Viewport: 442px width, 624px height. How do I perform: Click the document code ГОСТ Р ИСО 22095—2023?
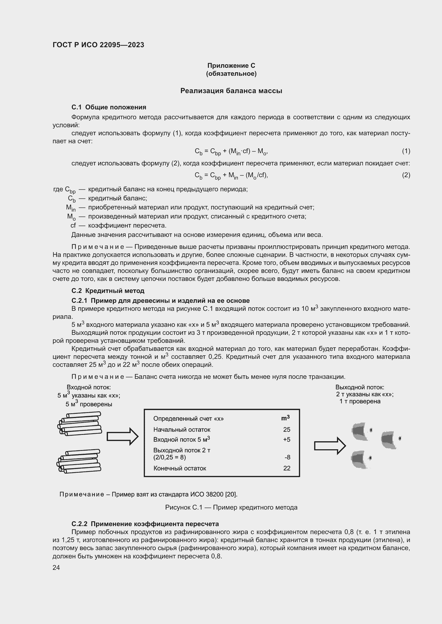pyautogui.click(x=98, y=45)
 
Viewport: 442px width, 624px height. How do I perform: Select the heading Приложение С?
pyautogui.click(x=231, y=66)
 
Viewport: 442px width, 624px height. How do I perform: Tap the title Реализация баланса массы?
pyautogui.click(x=231, y=91)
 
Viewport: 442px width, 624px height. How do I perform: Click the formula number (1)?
pyautogui.click(x=406, y=151)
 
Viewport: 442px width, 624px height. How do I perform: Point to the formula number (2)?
pyautogui.click(x=406, y=175)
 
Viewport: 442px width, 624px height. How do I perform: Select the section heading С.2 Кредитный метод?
pyautogui.click(x=108, y=291)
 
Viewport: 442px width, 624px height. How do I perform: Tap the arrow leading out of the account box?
pyautogui.click(x=330, y=446)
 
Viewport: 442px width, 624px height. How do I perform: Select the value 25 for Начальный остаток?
pyautogui.click(x=286, y=430)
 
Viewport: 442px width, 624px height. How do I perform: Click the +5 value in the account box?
pyautogui.click(x=286, y=439)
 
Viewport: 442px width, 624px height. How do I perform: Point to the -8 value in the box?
pyautogui.click(x=288, y=458)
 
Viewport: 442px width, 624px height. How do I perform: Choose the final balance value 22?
pyautogui.click(x=286, y=468)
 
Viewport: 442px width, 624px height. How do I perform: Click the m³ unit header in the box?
pyautogui.click(x=285, y=418)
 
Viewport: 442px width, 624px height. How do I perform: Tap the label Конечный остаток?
pyautogui.click(x=180, y=468)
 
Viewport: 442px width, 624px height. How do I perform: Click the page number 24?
pyautogui.click(x=56, y=567)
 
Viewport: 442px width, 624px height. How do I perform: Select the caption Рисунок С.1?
pyautogui.click(x=231, y=507)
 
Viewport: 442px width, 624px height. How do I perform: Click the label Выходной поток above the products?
pyautogui.click(x=359, y=387)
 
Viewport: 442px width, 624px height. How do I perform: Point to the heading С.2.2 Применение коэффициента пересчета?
pyautogui.click(x=145, y=524)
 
